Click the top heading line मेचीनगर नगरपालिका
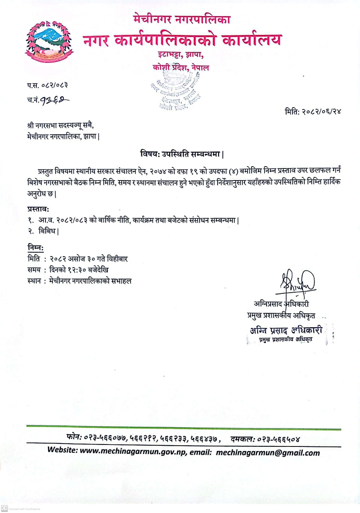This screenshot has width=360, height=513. (x=182, y=18)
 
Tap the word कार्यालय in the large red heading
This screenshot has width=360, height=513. (x=251, y=40)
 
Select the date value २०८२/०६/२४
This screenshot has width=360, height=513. (x=321, y=111)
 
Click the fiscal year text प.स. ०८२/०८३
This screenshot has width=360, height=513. (x=47, y=85)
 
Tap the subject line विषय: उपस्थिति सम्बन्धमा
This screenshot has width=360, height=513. (x=182, y=154)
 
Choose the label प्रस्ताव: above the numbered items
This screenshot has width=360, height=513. (x=38, y=209)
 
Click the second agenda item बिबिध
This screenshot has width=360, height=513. (x=48, y=231)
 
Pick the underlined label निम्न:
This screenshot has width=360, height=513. (x=35, y=247)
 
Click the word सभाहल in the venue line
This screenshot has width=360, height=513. (x=121, y=281)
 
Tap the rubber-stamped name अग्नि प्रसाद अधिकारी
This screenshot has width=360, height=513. (x=286, y=331)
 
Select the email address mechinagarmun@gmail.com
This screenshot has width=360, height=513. (x=268, y=453)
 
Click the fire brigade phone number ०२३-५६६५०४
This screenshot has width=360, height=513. (x=281, y=439)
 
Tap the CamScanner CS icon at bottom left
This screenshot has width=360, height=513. (x=5, y=508)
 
